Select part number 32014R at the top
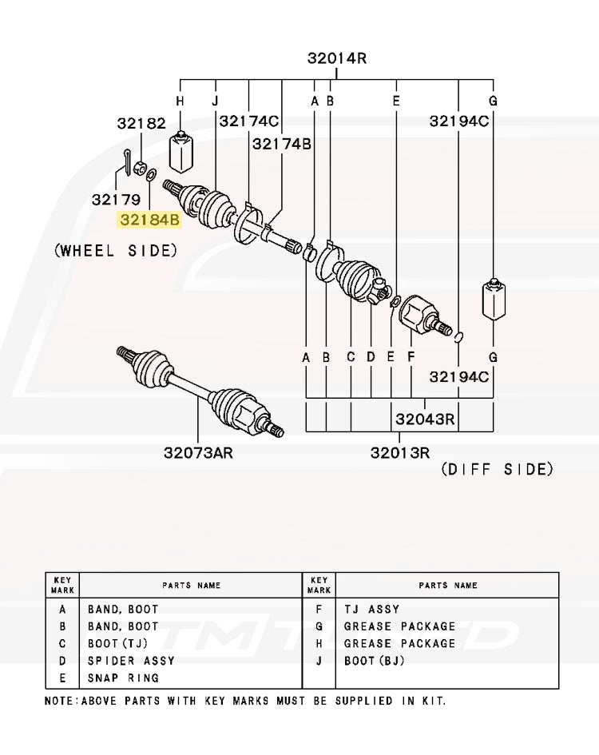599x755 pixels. (336, 58)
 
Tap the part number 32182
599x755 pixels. (141, 123)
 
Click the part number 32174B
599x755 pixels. (281, 144)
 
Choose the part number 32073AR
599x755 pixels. (198, 453)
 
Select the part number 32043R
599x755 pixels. (424, 419)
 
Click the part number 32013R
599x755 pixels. (401, 453)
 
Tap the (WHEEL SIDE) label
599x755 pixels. (116, 250)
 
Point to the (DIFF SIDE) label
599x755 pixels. (497, 469)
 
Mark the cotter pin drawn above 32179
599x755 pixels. (129, 161)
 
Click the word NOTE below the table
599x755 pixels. (58, 701)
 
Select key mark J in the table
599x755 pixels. (318, 661)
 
